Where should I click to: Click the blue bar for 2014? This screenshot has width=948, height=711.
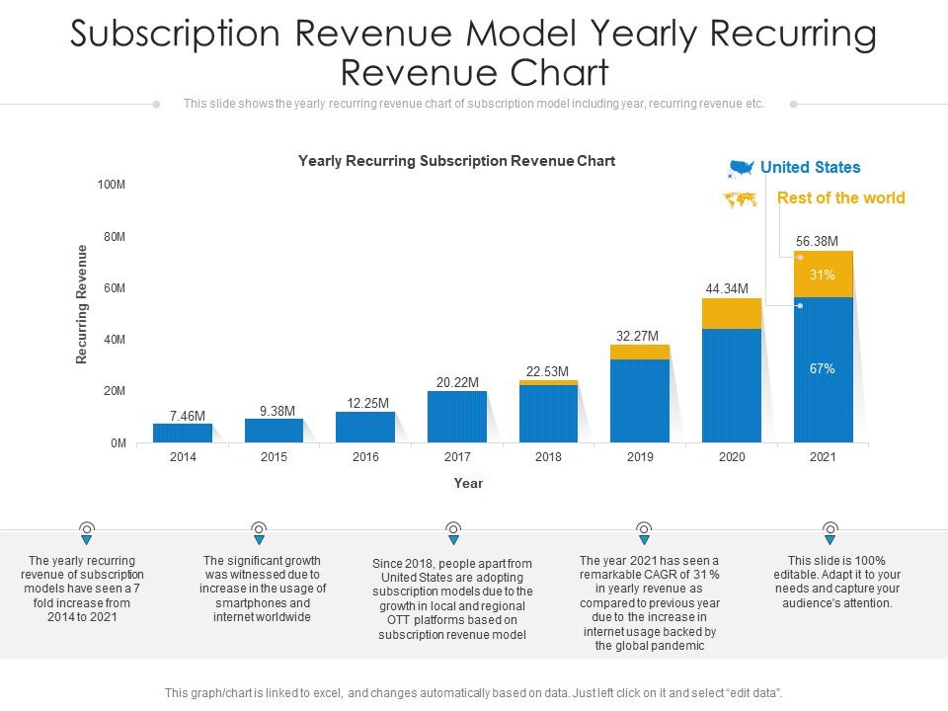click(183, 433)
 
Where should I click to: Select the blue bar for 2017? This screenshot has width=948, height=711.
click(457, 416)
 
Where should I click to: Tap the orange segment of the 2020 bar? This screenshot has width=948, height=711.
click(732, 313)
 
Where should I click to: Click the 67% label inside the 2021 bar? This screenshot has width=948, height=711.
click(823, 369)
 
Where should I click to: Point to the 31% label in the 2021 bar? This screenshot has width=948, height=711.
click(823, 275)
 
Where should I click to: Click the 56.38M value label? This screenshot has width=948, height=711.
click(817, 241)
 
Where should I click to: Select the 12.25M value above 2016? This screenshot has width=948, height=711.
click(365, 403)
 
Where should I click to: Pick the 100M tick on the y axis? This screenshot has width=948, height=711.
click(112, 185)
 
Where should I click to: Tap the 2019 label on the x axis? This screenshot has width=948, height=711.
click(640, 457)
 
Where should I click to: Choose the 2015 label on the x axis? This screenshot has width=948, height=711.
click(274, 457)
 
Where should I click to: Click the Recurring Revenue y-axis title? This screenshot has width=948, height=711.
click(82, 304)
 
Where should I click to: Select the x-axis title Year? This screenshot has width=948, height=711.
click(468, 483)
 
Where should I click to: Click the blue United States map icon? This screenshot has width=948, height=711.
click(741, 168)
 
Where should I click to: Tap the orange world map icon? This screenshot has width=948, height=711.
click(741, 199)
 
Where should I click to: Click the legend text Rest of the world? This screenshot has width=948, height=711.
click(840, 197)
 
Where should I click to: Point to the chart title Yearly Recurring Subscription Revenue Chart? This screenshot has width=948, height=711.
click(456, 160)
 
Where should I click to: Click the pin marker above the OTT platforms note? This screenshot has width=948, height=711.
click(453, 533)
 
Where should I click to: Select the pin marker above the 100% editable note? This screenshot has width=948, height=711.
click(830, 533)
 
